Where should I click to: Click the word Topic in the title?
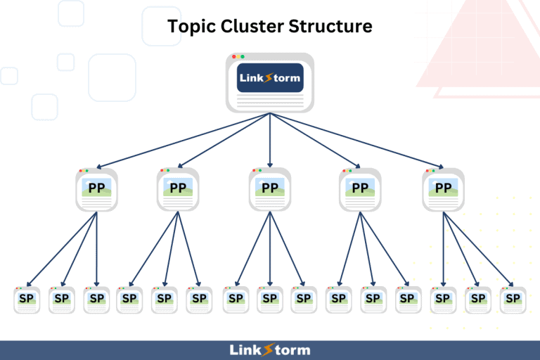(x=191, y=27)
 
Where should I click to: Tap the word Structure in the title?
(x=330, y=26)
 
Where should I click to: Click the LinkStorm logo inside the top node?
(x=270, y=78)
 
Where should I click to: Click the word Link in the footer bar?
(x=245, y=350)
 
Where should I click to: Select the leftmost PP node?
(x=97, y=189)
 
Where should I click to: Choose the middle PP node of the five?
(x=270, y=189)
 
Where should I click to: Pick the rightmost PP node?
(x=443, y=189)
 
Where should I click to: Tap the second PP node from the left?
(x=178, y=189)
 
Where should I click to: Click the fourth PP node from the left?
(x=360, y=189)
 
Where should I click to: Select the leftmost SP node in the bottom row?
(x=27, y=300)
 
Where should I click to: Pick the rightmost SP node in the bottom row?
(x=513, y=300)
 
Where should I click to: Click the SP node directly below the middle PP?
(x=270, y=300)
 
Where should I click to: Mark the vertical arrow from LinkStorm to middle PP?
(x=270, y=140)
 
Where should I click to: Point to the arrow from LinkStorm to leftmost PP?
(x=184, y=141)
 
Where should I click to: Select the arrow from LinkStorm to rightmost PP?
(x=356, y=141)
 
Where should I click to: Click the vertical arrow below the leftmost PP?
(x=97, y=249)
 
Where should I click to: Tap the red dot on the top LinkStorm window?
(x=234, y=56)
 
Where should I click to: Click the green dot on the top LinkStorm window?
(x=243, y=56)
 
